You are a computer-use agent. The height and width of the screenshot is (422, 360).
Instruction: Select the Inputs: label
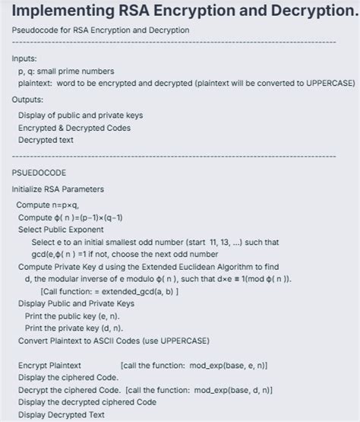[27, 58]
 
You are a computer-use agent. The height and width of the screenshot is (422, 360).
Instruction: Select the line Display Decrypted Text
[62, 414]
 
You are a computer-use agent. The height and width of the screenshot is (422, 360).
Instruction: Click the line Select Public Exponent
[61, 230]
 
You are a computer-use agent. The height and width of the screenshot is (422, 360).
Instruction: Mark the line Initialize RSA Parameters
[58, 189]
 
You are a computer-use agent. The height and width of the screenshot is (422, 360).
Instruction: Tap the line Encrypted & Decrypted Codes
[74, 128]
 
